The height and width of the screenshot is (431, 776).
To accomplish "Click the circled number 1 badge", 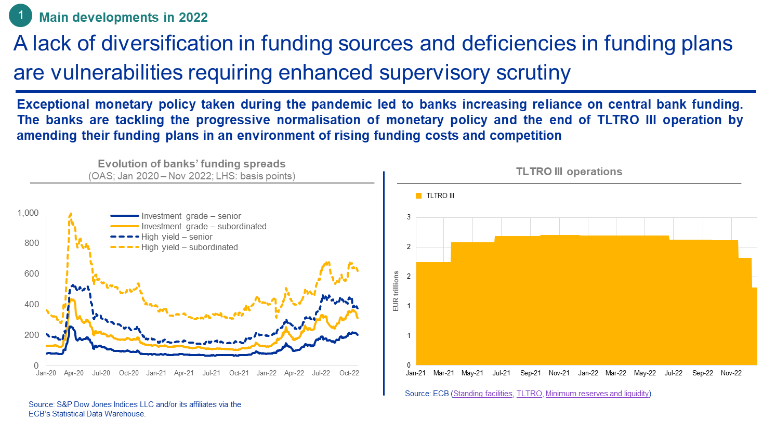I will pyautogui.click(x=21, y=16).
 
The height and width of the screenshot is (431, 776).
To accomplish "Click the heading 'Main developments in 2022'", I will pyautogui.click(x=124, y=17).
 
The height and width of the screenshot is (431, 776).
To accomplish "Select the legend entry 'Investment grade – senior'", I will pyautogui.click(x=191, y=216).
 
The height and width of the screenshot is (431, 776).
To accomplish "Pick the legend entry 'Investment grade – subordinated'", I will pyautogui.click(x=204, y=226).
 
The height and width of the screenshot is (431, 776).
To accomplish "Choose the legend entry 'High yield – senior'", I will pyautogui.click(x=177, y=237).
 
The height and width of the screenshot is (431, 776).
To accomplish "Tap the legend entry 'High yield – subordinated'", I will pyautogui.click(x=189, y=247).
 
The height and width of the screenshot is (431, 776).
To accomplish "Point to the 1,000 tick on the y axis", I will pyautogui.click(x=28, y=213).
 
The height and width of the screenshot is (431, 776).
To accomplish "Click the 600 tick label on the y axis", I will pyautogui.click(x=32, y=273).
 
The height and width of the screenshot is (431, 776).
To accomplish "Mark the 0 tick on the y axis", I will pyautogui.click(x=36, y=365).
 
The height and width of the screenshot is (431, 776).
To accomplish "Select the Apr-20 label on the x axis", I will pyautogui.click(x=74, y=373).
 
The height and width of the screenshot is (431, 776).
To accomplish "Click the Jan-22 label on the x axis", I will pyautogui.click(x=267, y=373).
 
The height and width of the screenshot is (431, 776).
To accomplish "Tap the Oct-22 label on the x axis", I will pyautogui.click(x=349, y=373).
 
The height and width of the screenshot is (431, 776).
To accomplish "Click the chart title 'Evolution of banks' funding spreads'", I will pyautogui.click(x=192, y=164).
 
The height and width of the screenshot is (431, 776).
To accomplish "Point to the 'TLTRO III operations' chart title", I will pyautogui.click(x=569, y=172).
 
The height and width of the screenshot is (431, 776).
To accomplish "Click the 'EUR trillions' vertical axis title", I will pyautogui.click(x=396, y=291).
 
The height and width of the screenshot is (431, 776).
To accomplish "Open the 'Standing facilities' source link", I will pyautogui.click(x=483, y=394).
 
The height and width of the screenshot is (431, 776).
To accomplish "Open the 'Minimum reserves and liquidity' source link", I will pyautogui.click(x=598, y=394).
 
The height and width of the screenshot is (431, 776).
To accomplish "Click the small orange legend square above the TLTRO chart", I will pyautogui.click(x=418, y=196).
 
